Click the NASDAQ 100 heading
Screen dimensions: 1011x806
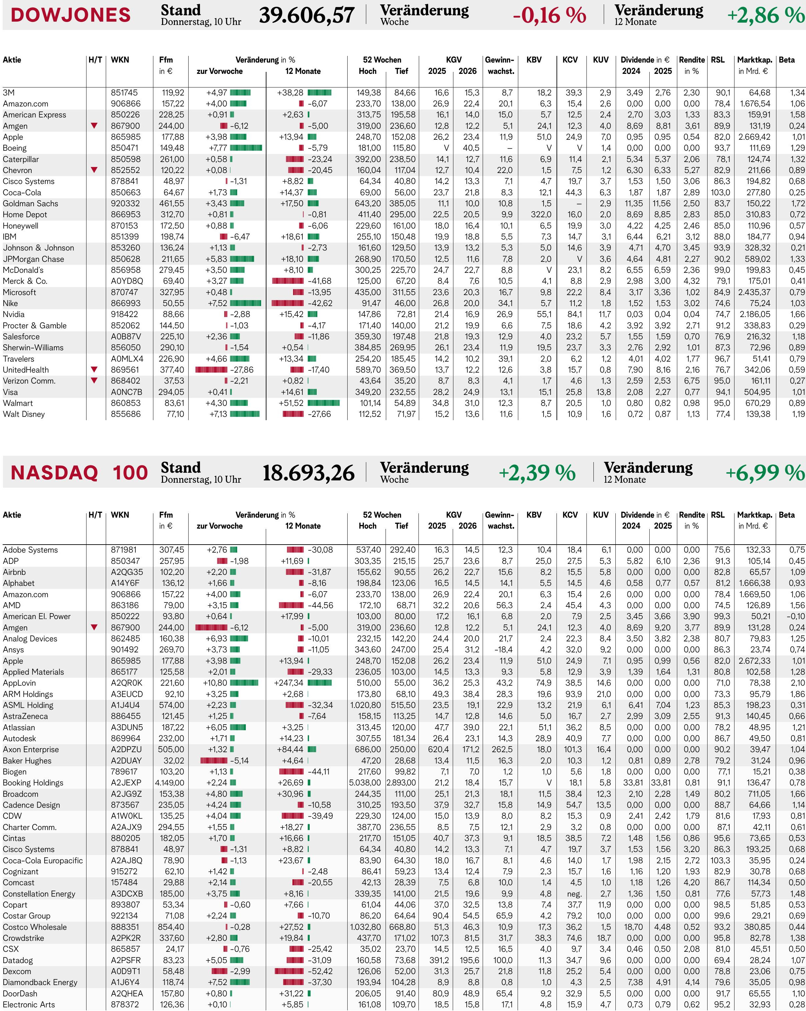pyautogui.click(x=79, y=473)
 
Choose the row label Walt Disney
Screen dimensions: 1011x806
pyautogui.click(x=24, y=414)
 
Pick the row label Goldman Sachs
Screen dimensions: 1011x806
pyautogui.click(x=31, y=204)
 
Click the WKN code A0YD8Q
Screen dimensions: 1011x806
pyautogui.click(x=127, y=281)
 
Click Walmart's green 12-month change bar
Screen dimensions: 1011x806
pyautogui.click(x=324, y=403)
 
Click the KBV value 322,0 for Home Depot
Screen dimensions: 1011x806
pyautogui.click(x=541, y=214)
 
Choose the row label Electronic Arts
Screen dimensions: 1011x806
pyautogui.click(x=29, y=1004)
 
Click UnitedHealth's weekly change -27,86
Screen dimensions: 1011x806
pyautogui.click(x=242, y=370)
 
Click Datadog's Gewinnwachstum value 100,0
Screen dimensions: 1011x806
pyautogui.click(x=503, y=960)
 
